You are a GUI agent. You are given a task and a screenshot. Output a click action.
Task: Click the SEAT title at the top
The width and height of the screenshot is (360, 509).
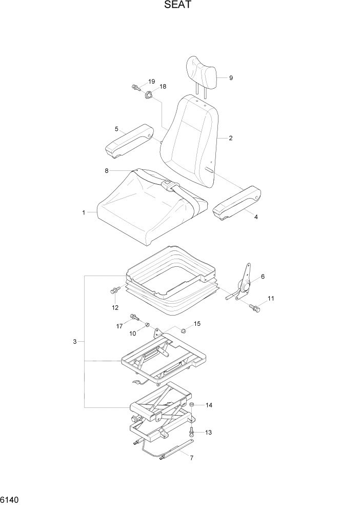click(179, 6)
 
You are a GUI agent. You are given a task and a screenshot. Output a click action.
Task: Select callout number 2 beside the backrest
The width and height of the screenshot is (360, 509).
click(231, 138)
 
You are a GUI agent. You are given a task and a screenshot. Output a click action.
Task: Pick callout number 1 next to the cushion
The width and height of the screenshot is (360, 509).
click(84, 211)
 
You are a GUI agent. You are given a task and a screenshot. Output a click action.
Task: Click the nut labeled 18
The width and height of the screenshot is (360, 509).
click(149, 94)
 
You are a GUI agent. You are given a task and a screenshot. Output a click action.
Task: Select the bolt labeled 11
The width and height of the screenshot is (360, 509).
click(255, 308)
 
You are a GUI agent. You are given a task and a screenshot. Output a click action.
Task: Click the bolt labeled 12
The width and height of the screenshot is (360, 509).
click(114, 291)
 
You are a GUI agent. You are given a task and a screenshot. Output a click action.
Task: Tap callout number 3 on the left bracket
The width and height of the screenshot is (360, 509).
click(75, 341)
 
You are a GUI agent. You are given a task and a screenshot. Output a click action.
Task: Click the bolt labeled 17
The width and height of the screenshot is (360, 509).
click(134, 318)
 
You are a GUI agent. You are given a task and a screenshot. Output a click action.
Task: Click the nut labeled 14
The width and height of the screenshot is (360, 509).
click(191, 405)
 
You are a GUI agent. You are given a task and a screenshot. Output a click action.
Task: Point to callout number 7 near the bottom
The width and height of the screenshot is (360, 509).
click(191, 458)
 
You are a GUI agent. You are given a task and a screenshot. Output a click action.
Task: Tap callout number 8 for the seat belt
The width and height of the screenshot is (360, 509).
click(107, 170)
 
